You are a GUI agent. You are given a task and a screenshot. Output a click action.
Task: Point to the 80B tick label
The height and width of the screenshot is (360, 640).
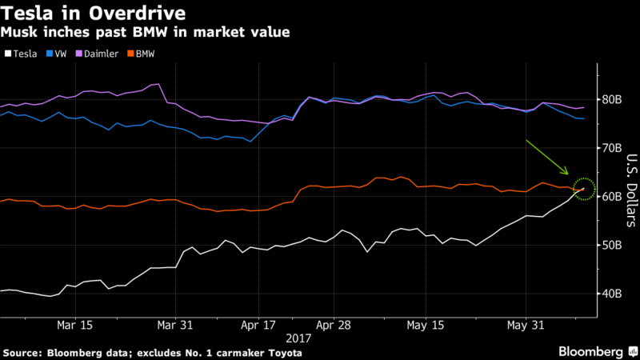click(x=613, y=100)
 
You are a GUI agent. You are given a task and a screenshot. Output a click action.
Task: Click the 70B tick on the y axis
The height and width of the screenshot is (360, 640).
click(x=613, y=148)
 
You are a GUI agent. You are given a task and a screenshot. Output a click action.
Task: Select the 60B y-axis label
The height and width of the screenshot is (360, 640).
click(x=613, y=197)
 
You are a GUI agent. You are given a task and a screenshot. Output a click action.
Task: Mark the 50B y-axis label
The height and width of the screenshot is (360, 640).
click(x=613, y=245)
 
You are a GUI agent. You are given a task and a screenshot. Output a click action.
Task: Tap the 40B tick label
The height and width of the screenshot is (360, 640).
click(x=613, y=294)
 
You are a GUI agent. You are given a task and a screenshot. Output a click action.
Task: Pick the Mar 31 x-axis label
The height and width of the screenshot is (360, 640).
click(x=177, y=326)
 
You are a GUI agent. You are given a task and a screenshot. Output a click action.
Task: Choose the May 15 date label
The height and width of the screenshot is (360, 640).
click(x=426, y=326)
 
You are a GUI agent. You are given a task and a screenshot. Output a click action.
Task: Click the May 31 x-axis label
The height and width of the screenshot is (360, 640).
click(x=526, y=326)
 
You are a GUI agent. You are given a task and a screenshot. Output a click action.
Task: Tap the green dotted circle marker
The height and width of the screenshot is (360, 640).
click(x=585, y=189)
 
